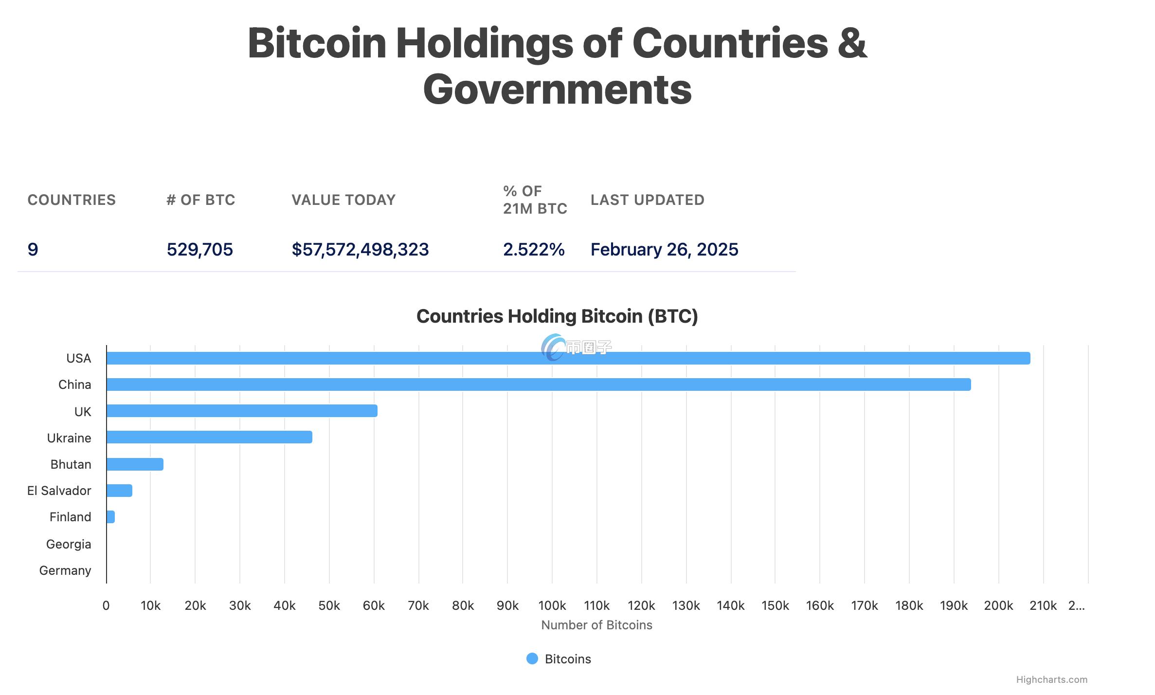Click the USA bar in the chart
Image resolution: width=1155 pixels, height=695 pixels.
(x=568, y=358)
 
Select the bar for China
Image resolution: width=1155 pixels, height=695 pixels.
(x=538, y=384)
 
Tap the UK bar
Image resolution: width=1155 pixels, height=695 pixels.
(x=242, y=411)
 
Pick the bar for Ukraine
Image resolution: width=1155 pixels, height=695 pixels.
(x=209, y=437)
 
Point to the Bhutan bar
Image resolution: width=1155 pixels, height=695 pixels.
(x=135, y=464)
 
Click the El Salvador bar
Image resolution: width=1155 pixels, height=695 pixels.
(x=119, y=491)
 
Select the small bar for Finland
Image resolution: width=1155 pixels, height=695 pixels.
(x=110, y=517)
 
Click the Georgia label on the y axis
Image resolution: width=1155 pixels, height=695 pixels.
(x=69, y=544)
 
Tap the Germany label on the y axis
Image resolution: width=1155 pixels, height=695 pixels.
(x=65, y=570)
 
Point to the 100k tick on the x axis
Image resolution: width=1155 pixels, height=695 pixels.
(x=552, y=605)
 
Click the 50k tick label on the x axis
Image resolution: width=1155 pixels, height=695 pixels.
(x=329, y=605)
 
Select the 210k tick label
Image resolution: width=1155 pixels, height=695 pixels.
(x=1043, y=605)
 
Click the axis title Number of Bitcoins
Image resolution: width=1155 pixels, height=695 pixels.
(x=596, y=625)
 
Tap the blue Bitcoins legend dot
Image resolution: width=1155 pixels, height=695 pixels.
(x=532, y=658)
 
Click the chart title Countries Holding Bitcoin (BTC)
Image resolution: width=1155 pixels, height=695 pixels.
(x=557, y=316)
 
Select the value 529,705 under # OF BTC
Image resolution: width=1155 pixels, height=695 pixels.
(x=200, y=250)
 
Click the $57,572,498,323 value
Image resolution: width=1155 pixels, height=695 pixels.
(x=360, y=250)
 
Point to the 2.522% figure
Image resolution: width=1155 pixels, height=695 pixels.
(x=534, y=250)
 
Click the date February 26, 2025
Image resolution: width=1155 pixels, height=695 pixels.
(x=664, y=250)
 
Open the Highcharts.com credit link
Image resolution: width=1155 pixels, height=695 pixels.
(x=1051, y=679)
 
